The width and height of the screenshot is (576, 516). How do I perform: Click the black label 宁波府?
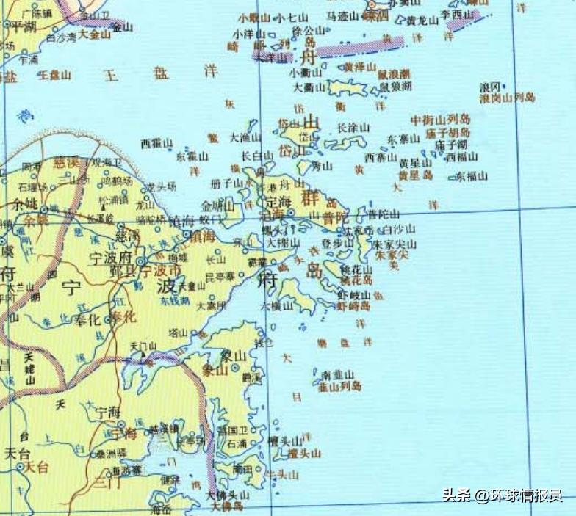coord(110,259)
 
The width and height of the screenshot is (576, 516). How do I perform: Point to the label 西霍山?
coord(155,143)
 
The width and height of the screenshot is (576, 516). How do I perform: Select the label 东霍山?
coord(192,156)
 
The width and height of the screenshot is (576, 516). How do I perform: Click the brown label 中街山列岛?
coord(441,119)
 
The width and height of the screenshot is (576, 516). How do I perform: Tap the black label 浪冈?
coord(490,86)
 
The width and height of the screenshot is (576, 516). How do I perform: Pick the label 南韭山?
coord(339,374)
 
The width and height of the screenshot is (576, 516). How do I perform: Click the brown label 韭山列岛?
coord(339,385)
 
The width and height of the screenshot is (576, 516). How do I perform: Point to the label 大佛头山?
coord(228,495)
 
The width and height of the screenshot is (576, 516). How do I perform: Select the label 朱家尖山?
coord(395,244)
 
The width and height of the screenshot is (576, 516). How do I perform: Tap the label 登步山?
coord(338,242)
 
